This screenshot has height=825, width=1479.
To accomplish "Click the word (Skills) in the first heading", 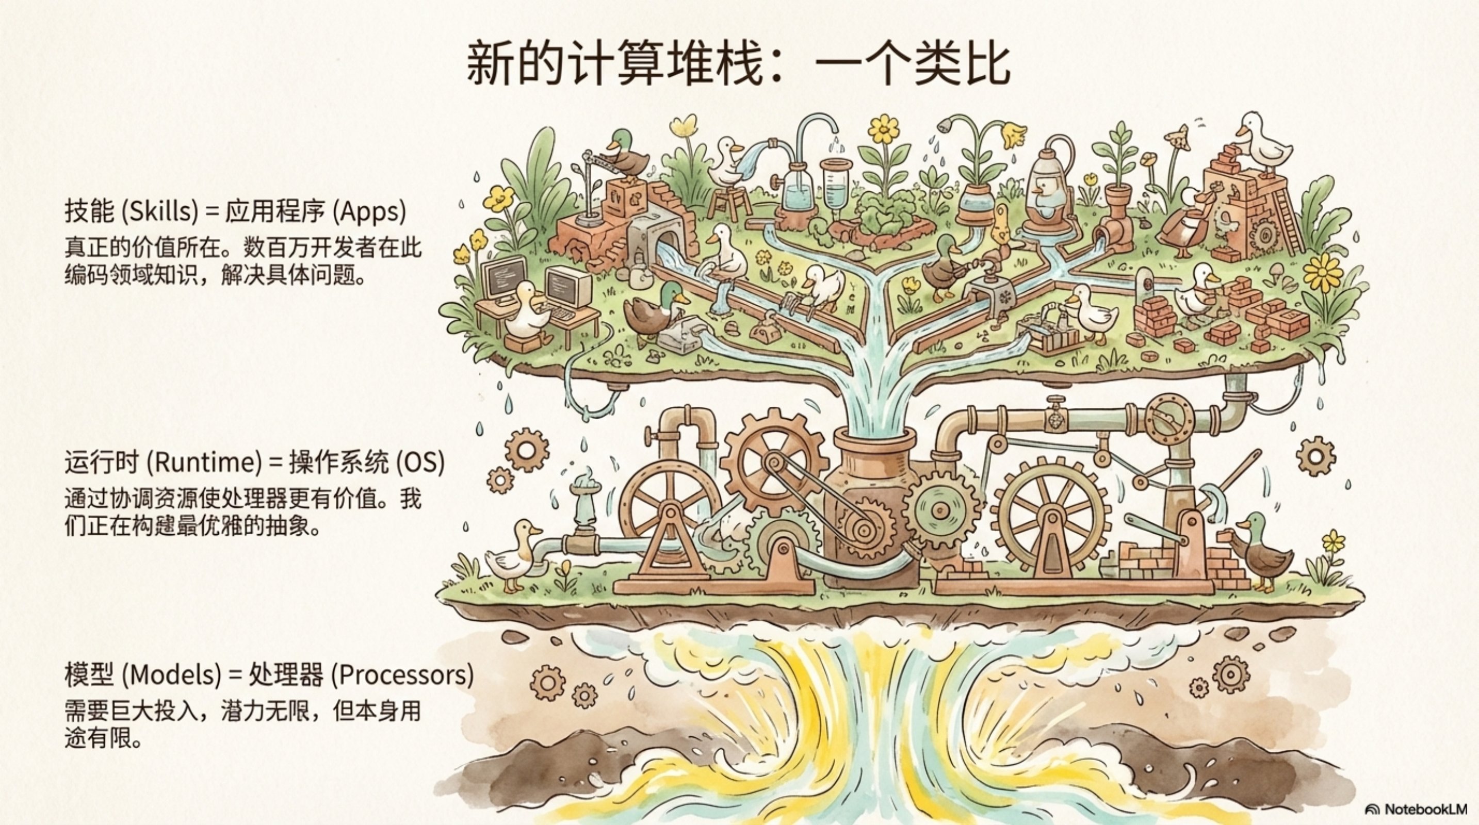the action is pyautogui.click(x=159, y=212).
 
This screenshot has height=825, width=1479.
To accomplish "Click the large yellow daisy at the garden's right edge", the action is pyautogui.click(x=1326, y=273).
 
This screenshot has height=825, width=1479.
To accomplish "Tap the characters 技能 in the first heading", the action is pyautogui.click(x=90, y=212).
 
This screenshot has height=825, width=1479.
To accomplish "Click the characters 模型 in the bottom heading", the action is pyautogui.click(x=90, y=674).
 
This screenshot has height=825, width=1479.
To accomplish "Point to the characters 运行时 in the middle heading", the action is pyautogui.click(x=102, y=463).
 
